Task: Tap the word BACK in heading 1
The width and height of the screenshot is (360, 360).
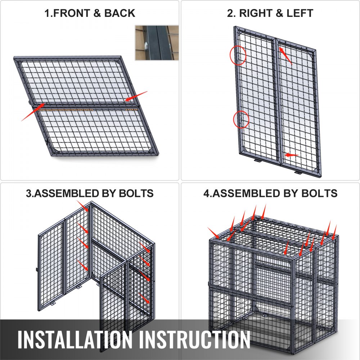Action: coord(120,13)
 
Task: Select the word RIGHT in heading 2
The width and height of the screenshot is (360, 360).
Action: coord(255,13)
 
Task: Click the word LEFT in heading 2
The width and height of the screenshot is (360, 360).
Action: coord(300,13)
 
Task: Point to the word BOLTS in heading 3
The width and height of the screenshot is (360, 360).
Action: coord(136,193)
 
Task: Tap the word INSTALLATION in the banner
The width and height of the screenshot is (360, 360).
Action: coord(75,339)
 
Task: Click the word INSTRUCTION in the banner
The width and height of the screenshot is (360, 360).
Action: coord(194,339)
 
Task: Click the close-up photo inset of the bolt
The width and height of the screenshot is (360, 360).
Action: coord(157,43)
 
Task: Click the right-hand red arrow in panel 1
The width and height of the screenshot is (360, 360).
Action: coord(136,96)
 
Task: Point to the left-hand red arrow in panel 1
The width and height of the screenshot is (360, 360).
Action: coord(33,112)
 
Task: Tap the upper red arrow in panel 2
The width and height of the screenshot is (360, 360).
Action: coord(285,56)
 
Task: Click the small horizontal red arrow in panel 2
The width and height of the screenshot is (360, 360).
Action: coord(292,155)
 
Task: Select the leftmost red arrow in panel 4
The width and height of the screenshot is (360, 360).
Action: coord(213,233)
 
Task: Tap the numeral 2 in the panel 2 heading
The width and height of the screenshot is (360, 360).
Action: coord(230,13)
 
